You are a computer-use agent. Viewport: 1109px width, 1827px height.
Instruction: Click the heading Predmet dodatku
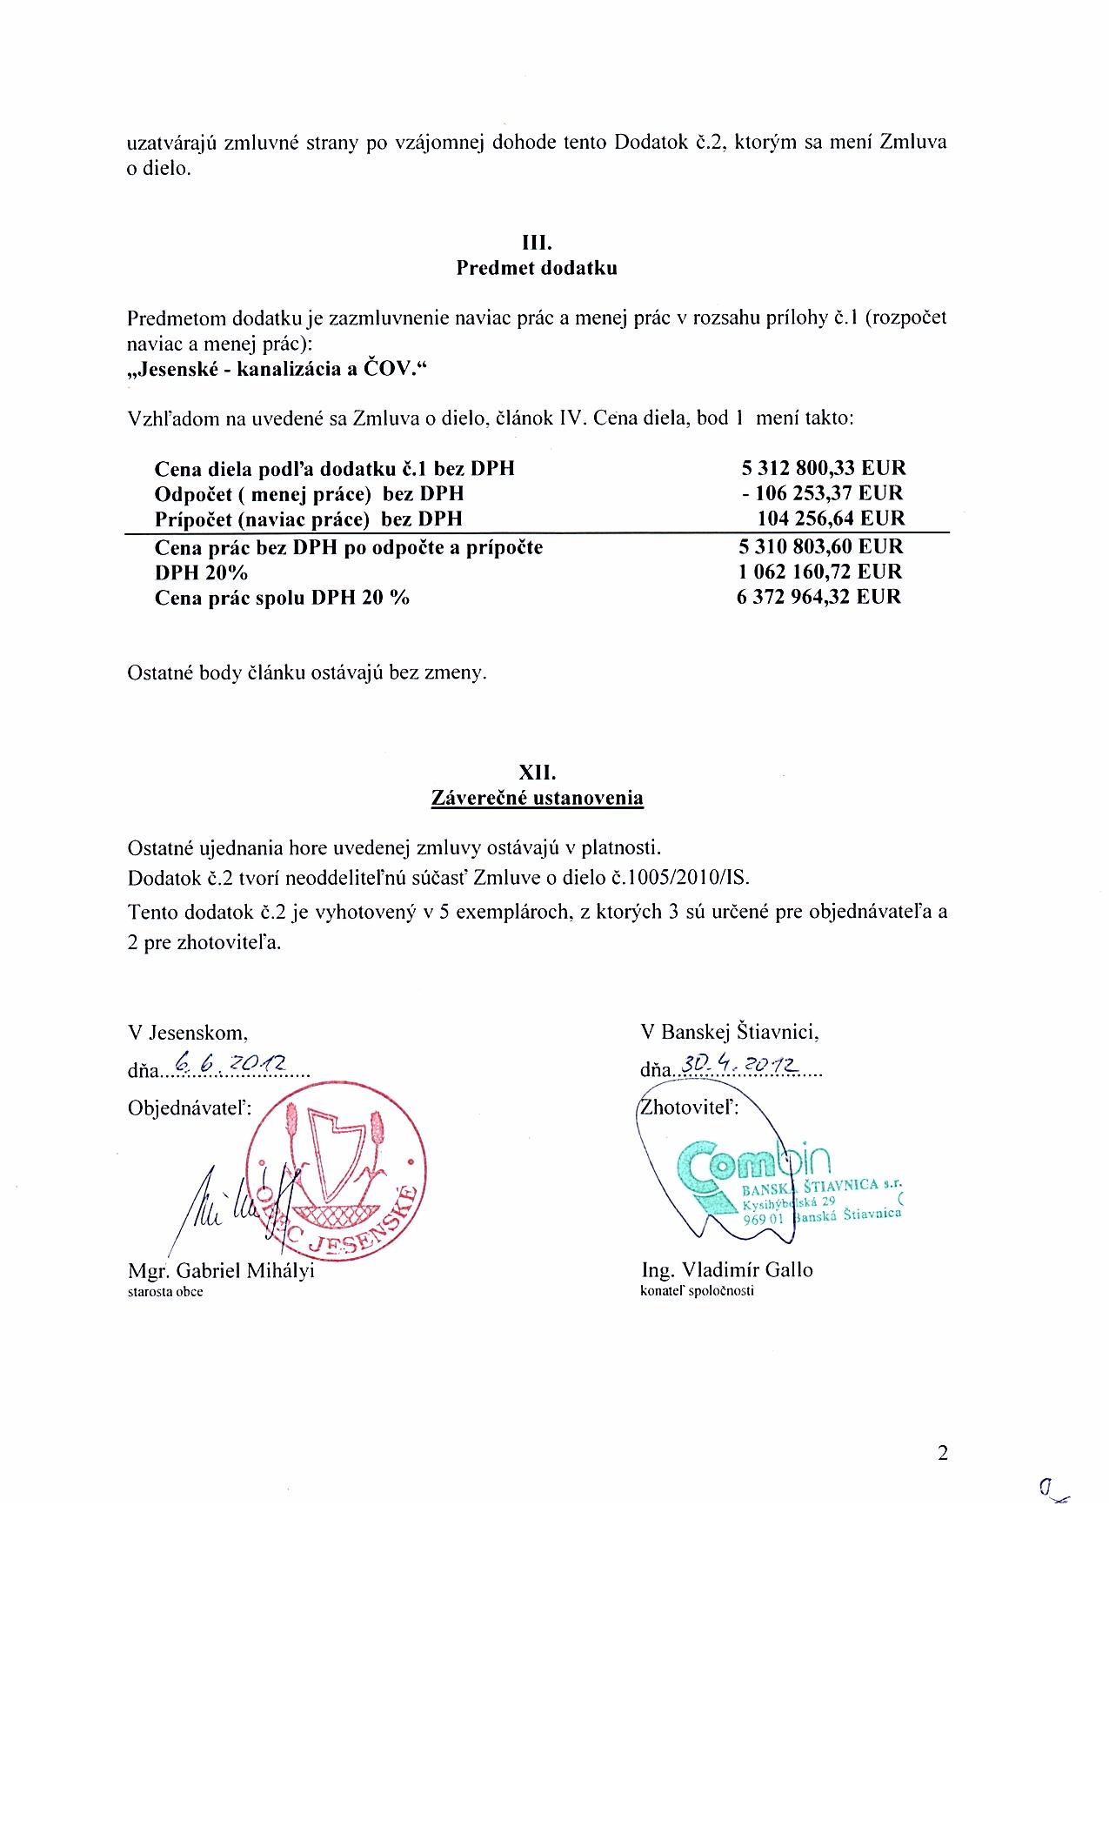point(537,268)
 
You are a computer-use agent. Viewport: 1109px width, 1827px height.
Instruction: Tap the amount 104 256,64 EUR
point(832,519)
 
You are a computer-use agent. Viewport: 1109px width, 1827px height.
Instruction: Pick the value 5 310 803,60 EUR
point(819,547)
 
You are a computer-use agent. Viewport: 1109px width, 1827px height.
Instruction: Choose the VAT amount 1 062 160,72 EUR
point(819,572)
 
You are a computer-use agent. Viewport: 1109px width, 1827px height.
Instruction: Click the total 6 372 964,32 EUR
point(819,597)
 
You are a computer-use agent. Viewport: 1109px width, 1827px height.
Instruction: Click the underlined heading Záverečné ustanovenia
point(537,798)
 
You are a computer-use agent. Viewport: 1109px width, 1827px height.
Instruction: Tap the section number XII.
point(537,773)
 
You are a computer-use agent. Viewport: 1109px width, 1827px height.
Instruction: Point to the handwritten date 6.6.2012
point(230,1063)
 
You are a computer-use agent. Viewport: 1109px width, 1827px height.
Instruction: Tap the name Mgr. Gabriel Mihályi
point(221,1270)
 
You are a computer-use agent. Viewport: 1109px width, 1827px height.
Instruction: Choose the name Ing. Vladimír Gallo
point(726,1269)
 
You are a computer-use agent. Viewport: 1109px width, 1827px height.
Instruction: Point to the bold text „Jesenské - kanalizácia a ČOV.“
point(278,370)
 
